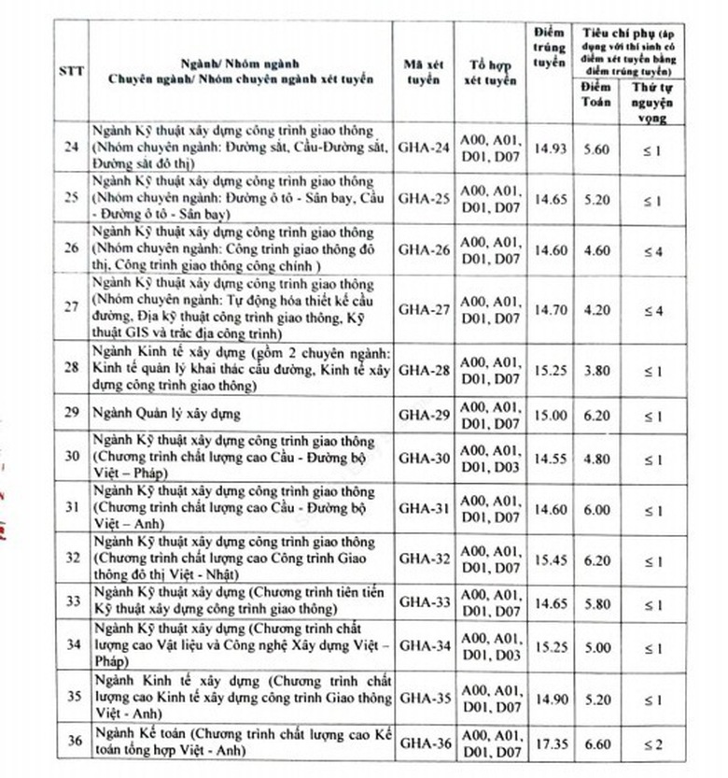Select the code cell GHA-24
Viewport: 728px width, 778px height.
tap(425, 147)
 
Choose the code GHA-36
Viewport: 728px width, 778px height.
tap(425, 743)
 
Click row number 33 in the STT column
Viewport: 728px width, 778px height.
tap(70, 601)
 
